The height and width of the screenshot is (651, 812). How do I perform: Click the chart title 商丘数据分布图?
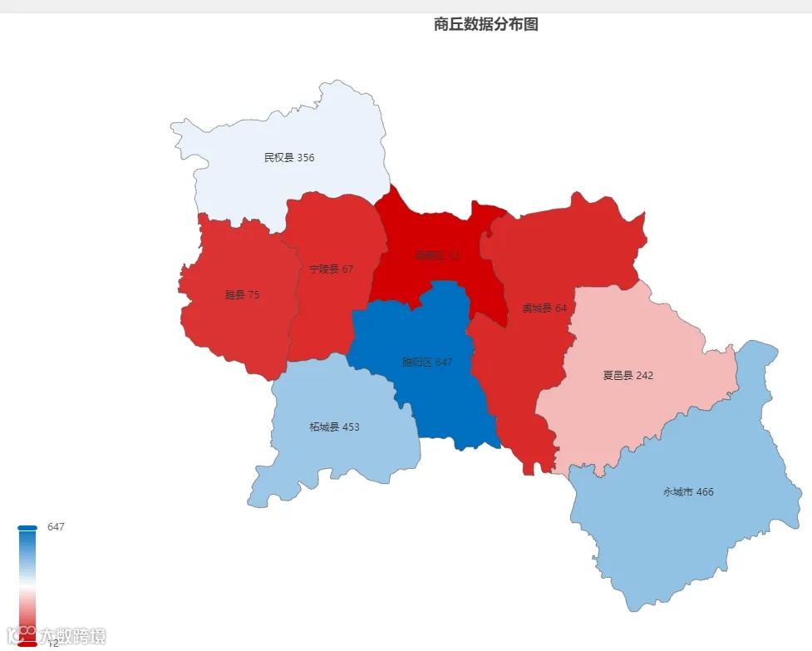(486, 25)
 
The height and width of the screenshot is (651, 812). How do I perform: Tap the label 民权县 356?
(289, 157)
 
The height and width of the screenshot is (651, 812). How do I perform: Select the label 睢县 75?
(242, 294)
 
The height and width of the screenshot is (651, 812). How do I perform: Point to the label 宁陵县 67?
(331, 269)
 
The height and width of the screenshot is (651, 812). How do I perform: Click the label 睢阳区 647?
(427, 362)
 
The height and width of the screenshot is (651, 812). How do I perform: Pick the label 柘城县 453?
(334, 427)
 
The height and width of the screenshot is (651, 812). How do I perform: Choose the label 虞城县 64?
(544, 308)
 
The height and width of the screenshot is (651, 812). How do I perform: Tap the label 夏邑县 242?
(627, 375)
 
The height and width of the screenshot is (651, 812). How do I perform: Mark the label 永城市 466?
(688, 491)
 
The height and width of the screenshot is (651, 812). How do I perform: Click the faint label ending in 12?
(437, 255)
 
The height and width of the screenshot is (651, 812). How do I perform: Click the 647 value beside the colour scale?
(56, 527)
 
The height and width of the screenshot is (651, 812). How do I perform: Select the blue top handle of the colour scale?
(27, 527)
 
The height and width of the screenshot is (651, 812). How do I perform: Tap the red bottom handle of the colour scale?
(27, 644)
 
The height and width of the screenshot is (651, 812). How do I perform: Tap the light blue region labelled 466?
(690, 532)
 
